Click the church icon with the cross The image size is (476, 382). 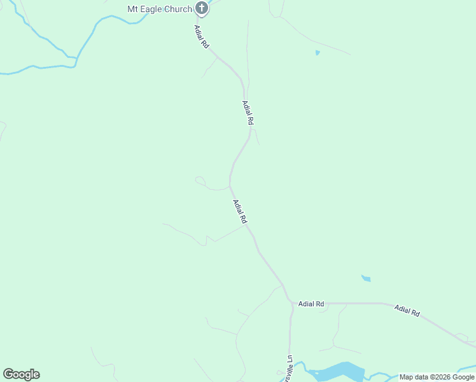[x=202, y=8]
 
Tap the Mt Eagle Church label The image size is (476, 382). [x=160, y=9]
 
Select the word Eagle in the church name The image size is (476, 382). [x=153, y=9]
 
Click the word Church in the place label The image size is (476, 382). [x=179, y=9]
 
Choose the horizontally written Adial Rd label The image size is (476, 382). [x=312, y=304]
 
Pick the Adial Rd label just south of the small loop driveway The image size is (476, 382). [x=239, y=212]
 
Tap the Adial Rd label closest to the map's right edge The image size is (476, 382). [x=407, y=311]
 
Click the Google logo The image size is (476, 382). [x=21, y=374]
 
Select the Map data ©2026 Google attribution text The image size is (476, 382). [x=437, y=378]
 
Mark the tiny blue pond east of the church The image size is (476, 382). [x=317, y=52]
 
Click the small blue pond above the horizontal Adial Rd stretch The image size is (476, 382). [x=366, y=278]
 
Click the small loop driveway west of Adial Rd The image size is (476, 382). [x=200, y=181]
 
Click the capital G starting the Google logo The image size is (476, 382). [x=8, y=374]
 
